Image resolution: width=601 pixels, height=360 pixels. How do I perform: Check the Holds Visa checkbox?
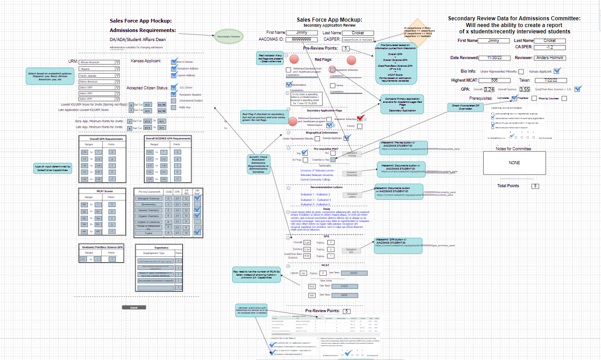tap(174, 107)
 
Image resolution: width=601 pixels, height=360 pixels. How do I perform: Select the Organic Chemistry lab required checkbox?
tap(197, 216)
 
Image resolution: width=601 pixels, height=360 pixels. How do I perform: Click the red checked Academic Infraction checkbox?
tap(360, 119)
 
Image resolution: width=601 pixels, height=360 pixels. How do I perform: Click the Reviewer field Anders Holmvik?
tap(550, 58)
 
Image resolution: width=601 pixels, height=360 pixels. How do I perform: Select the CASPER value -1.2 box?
tap(549, 47)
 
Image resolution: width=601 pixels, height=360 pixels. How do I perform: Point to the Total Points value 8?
tap(535, 186)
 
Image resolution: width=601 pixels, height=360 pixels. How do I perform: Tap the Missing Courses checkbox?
tap(564, 98)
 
